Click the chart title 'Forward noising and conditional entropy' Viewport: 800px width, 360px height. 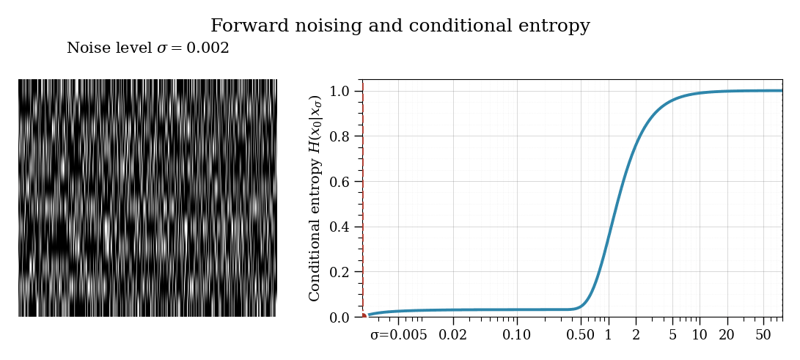click(x=400, y=26)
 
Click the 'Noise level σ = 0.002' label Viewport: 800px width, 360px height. click(x=148, y=48)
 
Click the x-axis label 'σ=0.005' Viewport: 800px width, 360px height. click(x=398, y=335)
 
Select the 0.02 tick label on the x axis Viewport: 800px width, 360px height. click(x=453, y=335)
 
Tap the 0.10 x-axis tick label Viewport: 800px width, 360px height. click(x=517, y=335)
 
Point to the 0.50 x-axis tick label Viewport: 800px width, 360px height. click(x=581, y=335)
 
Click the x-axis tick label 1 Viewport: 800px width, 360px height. click(x=608, y=335)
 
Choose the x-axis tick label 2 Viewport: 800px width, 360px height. click(x=636, y=335)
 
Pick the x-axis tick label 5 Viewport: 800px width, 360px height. click(x=672, y=335)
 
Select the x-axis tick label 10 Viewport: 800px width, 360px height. click(x=700, y=335)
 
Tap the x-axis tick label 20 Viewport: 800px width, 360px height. click(x=727, y=335)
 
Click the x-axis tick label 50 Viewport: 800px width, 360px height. click(x=763, y=335)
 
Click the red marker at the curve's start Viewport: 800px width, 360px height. click(x=363, y=315)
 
